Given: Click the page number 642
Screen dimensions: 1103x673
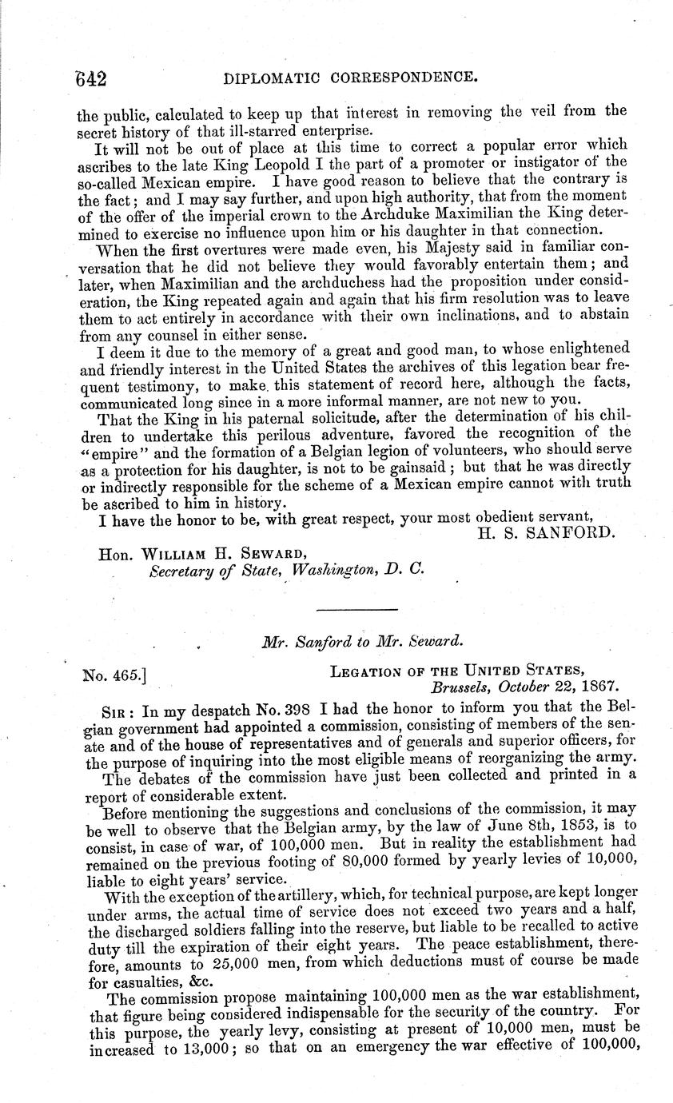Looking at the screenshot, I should point(86,78).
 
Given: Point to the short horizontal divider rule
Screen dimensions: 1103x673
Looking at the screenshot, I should point(345,611).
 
